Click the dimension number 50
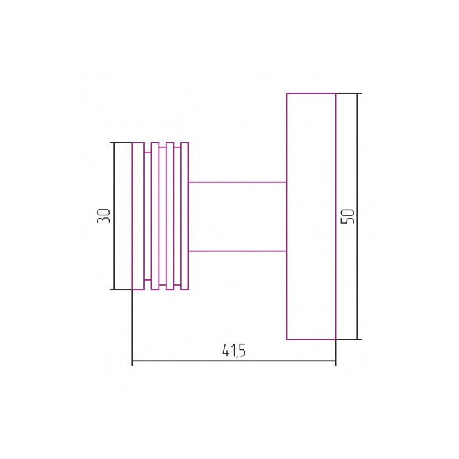coord(347,215)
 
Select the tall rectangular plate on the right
coord(310,216)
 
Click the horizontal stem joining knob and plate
coord(237,216)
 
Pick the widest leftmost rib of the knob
coord(138,216)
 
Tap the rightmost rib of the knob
coord(185,216)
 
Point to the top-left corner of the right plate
coord(286,94)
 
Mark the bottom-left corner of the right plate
coord(286,339)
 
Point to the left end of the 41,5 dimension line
coord(132,361)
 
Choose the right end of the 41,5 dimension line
coord(335,361)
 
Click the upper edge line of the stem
coord(237,182)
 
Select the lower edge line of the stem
coord(237,251)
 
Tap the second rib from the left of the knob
coord(155,216)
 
